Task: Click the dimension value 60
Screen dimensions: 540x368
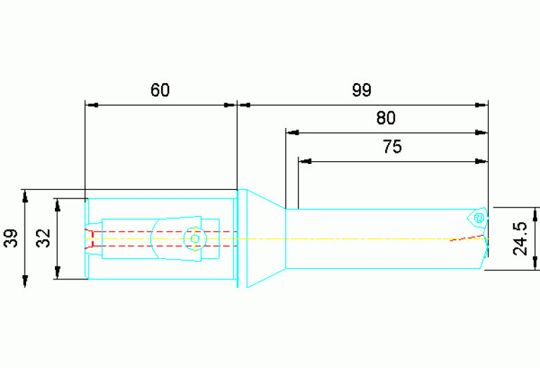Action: pyautogui.click(x=160, y=90)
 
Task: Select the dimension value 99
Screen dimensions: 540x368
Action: pyautogui.click(x=362, y=90)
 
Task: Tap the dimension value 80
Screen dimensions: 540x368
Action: pyautogui.click(x=386, y=118)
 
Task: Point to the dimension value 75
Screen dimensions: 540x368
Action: pyautogui.click(x=392, y=146)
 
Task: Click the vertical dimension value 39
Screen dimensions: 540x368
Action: pyautogui.click(x=11, y=238)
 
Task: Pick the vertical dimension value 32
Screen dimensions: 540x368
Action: pyautogui.click(x=44, y=238)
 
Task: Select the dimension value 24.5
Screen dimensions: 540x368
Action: pyautogui.click(x=520, y=239)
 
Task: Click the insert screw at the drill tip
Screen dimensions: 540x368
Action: pyautogui.click(x=479, y=218)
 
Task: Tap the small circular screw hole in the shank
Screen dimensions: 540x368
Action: pyautogui.click(x=195, y=239)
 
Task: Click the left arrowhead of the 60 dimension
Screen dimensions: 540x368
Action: pyautogui.click(x=92, y=105)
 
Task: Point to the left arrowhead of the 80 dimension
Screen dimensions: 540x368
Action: pyautogui.click(x=292, y=132)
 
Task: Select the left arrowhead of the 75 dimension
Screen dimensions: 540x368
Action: pyautogui.click(x=305, y=161)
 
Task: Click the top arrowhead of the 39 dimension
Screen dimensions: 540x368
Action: pyautogui.click(x=25, y=196)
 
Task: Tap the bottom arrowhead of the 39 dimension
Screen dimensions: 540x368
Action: pyautogui.click(x=25, y=281)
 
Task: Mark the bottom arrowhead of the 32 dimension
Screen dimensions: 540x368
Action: pyautogui.click(x=58, y=272)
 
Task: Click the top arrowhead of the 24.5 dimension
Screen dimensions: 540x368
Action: pyautogui.click(x=535, y=214)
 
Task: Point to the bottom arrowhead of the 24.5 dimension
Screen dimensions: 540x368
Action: pyautogui.click(x=535, y=263)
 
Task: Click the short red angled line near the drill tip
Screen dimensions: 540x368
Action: pyautogui.click(x=467, y=238)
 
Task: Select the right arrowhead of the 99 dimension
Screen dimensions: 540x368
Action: pyautogui.click(x=482, y=105)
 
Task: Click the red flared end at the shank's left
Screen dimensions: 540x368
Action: pyautogui.click(x=89, y=239)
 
